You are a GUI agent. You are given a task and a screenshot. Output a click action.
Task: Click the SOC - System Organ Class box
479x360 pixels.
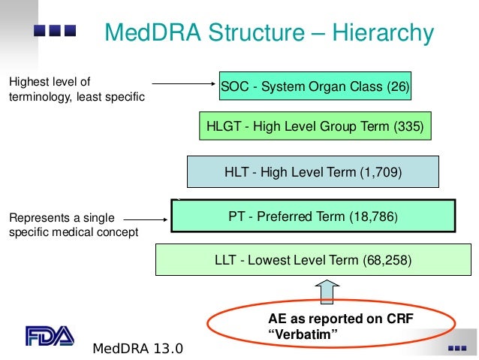point(315,87)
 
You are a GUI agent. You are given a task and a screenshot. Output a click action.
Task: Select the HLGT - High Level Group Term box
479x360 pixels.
point(315,127)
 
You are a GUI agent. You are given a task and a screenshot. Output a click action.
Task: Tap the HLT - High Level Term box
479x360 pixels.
point(313,172)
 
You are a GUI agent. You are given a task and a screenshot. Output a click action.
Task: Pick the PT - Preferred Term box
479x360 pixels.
point(313,216)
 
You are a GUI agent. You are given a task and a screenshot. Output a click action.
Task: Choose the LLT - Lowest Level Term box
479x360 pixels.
point(313,261)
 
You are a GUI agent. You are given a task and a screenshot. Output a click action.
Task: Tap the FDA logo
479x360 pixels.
point(50,335)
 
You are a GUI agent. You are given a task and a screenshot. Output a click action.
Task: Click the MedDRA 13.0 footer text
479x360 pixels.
point(137,349)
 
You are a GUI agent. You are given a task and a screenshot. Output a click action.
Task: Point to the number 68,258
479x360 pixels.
point(387,262)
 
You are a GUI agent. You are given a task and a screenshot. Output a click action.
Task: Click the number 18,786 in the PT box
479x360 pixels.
point(372,217)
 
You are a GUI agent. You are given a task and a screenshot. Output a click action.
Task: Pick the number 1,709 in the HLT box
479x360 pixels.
point(381,172)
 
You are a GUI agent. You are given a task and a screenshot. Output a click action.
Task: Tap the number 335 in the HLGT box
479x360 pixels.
point(408,127)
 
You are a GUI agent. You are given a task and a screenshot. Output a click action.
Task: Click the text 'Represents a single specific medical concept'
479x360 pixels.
point(73,225)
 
